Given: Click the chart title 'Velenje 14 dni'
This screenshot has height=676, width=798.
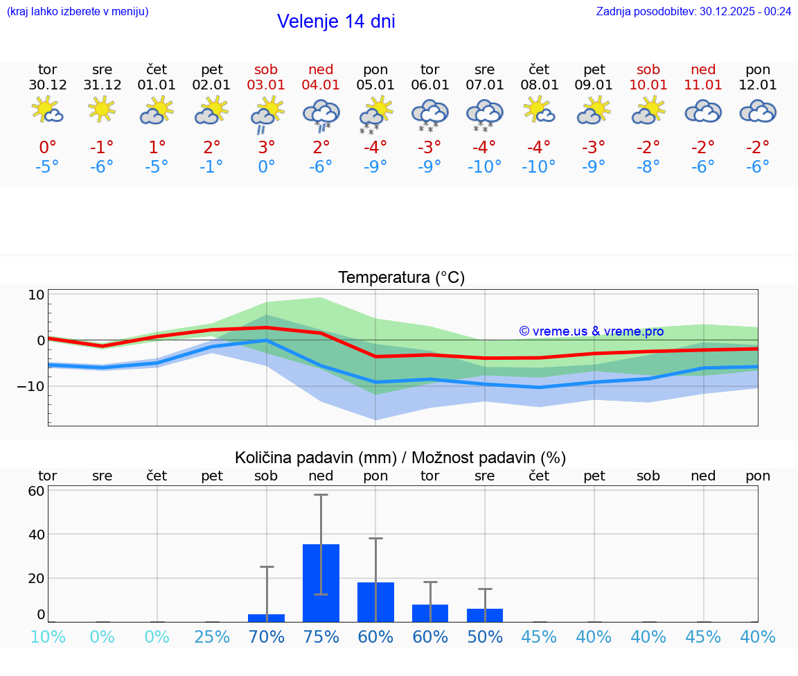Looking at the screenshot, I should (336, 21).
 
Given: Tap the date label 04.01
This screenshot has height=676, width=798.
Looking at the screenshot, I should (321, 85).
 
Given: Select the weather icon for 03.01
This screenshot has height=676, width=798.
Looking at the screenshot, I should (267, 113).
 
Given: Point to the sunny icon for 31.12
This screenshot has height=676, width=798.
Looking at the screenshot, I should (102, 109).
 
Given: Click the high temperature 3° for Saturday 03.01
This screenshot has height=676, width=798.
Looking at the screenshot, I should (267, 147).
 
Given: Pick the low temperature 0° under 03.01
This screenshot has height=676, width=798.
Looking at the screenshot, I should (267, 167).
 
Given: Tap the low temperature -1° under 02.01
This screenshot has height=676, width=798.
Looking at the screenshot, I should (212, 167).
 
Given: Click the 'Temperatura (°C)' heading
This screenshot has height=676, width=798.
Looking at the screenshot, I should (401, 278).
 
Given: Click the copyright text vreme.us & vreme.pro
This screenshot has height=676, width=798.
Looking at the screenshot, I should (592, 331).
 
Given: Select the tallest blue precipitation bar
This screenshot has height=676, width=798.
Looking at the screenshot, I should (321, 582).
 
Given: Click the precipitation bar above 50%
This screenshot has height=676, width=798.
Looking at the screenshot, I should (485, 615).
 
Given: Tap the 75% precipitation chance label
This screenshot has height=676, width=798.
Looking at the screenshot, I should (321, 637).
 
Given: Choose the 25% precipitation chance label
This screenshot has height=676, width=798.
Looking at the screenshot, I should (212, 637).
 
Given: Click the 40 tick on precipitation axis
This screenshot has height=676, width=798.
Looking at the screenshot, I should (36, 535).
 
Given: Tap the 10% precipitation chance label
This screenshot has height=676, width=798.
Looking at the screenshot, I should (48, 637).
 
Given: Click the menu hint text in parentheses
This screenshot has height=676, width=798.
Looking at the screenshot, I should (78, 11).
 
